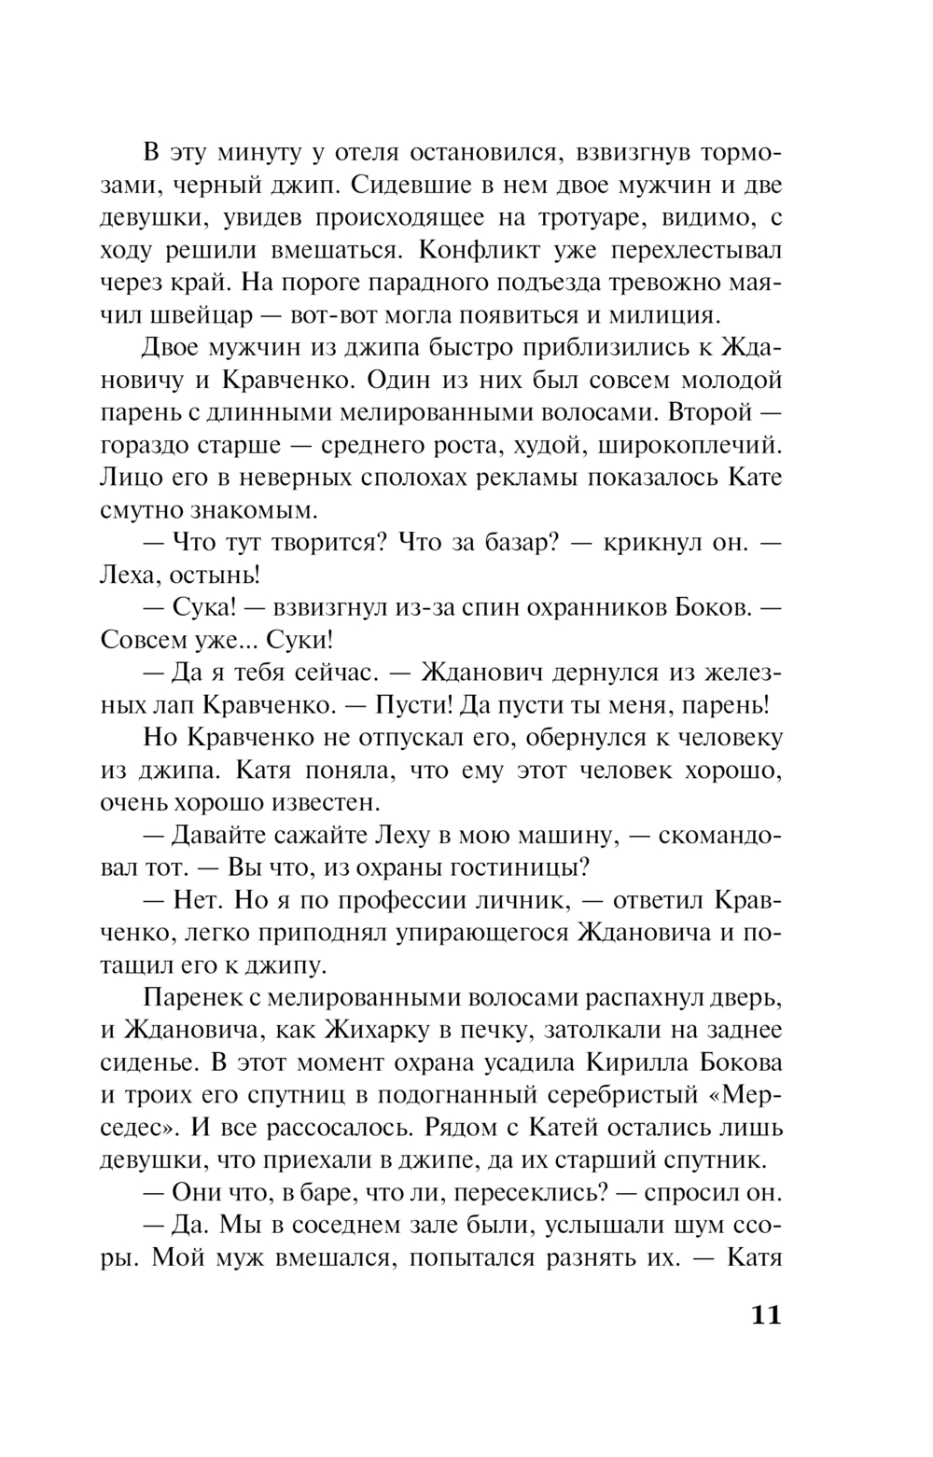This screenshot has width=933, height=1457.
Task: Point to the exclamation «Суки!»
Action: tap(299, 641)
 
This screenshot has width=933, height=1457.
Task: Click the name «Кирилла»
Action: tap(635, 1064)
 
